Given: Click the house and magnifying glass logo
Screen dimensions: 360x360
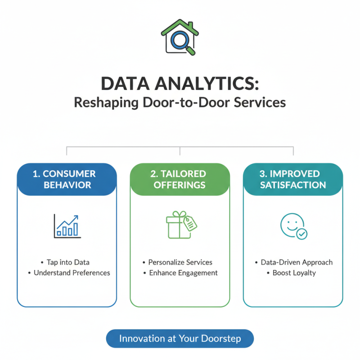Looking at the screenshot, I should pyautogui.click(x=180, y=36).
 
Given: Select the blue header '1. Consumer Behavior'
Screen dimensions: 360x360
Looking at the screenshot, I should pyautogui.click(x=67, y=179).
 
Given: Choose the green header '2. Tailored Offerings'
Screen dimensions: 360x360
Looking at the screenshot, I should pyautogui.click(x=180, y=179).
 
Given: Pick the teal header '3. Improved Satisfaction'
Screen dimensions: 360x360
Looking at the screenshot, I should pyautogui.click(x=293, y=179).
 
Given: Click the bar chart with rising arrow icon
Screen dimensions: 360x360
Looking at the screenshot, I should pyautogui.click(x=67, y=225).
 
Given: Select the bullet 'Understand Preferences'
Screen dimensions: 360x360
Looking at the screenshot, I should pyautogui.click(x=72, y=273).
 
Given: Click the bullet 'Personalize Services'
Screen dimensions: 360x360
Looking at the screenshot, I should pyautogui.click(x=180, y=262).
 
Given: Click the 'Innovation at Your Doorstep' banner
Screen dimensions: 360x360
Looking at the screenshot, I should pyautogui.click(x=180, y=339).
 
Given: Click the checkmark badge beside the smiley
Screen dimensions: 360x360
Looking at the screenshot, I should pyautogui.click(x=302, y=234).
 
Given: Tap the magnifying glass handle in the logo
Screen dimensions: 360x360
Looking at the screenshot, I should pyautogui.click(x=191, y=50).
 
